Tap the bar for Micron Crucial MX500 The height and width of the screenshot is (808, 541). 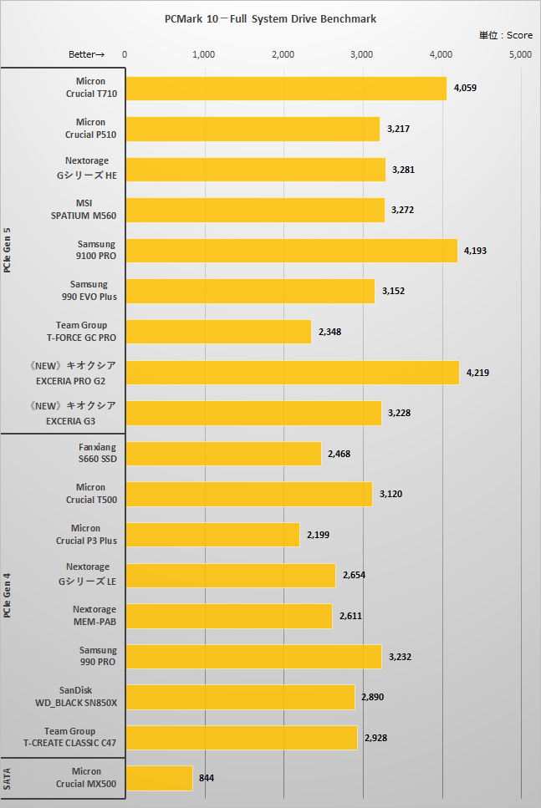159,778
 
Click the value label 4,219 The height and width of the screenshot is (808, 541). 478,372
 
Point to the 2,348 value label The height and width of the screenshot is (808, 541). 329,332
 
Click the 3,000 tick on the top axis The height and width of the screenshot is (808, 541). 361,54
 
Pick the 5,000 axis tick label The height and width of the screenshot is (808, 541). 520,54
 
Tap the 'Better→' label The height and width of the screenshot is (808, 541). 86,54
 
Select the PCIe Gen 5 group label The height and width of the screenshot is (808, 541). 8,251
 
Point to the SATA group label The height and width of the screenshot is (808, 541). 8,778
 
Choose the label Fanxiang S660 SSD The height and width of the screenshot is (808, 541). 97,453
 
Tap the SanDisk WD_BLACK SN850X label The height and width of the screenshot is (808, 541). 80,697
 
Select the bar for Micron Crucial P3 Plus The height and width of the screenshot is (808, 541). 212,535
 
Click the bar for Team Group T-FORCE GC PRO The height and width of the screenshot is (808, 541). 218,332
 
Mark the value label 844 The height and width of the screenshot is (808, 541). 207,778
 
